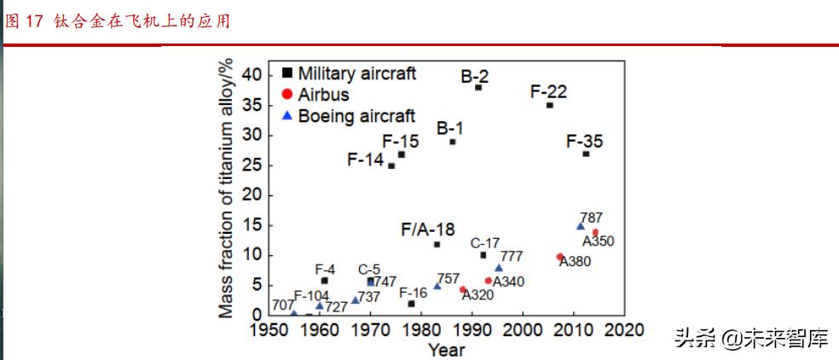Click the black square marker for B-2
click(x=478, y=88)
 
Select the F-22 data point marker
click(x=549, y=105)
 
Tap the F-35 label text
click(x=584, y=140)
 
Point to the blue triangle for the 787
click(x=580, y=226)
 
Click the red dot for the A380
click(x=559, y=257)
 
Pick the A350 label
click(x=595, y=241)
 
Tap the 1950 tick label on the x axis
click(x=267, y=330)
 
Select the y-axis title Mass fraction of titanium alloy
click(x=226, y=189)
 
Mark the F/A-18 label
click(x=427, y=229)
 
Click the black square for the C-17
click(x=483, y=255)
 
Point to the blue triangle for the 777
click(x=499, y=269)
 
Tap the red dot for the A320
click(x=463, y=290)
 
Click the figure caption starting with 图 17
click(x=117, y=20)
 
